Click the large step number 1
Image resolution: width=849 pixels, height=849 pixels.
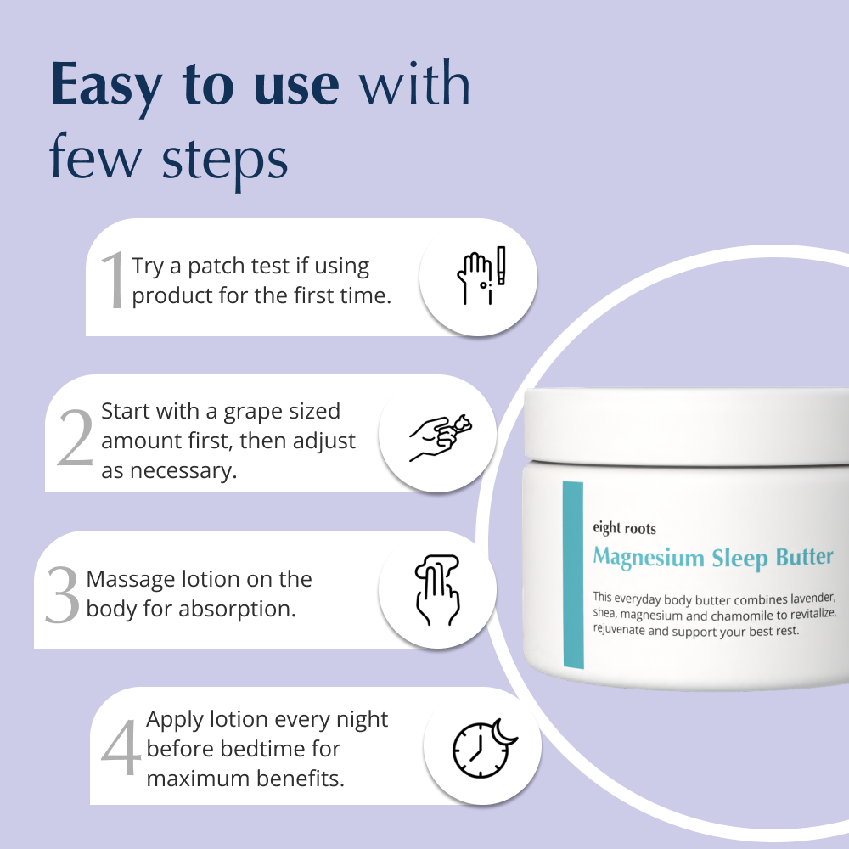(113, 281)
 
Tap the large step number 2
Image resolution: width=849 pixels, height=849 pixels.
(75, 438)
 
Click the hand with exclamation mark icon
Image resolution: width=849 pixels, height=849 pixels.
(480, 277)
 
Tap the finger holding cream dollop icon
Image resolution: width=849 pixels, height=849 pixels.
(437, 434)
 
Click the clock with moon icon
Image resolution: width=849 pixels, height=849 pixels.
(483, 746)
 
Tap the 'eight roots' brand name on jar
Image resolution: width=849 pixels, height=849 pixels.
(624, 528)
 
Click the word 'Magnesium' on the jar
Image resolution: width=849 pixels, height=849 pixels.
(649, 558)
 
